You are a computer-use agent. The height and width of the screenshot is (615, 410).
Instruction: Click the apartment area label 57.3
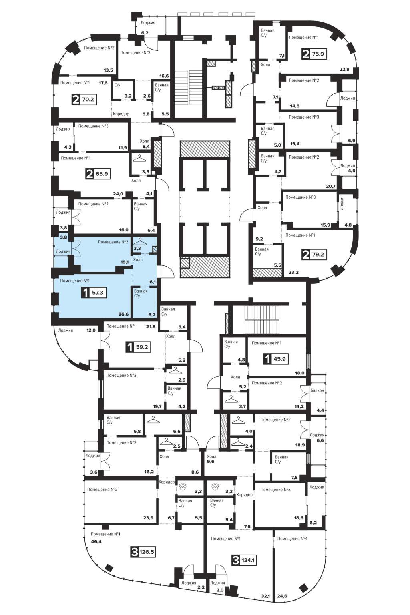97,293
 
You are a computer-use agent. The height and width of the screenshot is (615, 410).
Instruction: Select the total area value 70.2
88,99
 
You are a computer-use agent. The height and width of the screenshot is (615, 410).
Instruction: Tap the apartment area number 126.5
147,551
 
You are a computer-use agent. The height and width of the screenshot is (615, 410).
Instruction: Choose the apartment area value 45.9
279,359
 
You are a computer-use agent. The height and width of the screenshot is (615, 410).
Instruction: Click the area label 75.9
318,54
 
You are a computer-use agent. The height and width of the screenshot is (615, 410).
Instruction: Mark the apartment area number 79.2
318,254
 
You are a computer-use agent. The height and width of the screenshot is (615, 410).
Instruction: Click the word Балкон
317,390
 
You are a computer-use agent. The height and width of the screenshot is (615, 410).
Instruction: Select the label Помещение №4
292,539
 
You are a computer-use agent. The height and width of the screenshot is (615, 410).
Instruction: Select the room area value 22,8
344,69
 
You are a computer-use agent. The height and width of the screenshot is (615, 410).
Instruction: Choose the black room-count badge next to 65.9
90,174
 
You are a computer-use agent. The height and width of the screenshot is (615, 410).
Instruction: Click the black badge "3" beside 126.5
135,551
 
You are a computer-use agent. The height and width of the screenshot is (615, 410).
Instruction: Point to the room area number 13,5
108,70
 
